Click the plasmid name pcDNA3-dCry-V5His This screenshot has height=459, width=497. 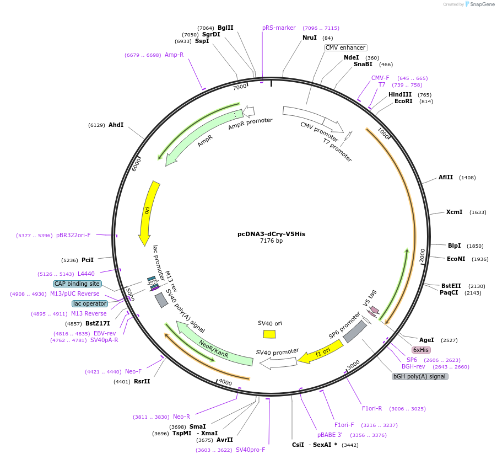pyautogui.click(x=271, y=234)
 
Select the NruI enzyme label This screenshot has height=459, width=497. pyautogui.click(x=310, y=38)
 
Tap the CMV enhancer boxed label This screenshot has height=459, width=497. pyautogui.click(x=345, y=47)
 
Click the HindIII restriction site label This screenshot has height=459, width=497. pyautogui.click(x=400, y=94)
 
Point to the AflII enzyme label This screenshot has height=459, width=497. pyautogui.click(x=446, y=177)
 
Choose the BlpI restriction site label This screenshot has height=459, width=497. pyautogui.click(x=454, y=245)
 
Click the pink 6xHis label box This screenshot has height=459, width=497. pyautogui.click(x=422, y=350)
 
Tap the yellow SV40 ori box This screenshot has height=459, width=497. pyautogui.click(x=269, y=334)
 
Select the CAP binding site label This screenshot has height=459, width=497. pyautogui.click(x=77, y=284)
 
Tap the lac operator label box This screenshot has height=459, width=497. pyautogui.click(x=89, y=303)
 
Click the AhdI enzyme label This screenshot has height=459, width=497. pyautogui.click(x=116, y=125)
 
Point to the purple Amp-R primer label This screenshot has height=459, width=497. pyautogui.click(x=174, y=55)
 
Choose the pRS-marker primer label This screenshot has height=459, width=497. pyautogui.click(x=279, y=28)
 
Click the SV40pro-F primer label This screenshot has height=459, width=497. pyautogui.click(x=250, y=450)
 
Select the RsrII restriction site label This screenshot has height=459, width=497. pyautogui.click(x=142, y=381)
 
